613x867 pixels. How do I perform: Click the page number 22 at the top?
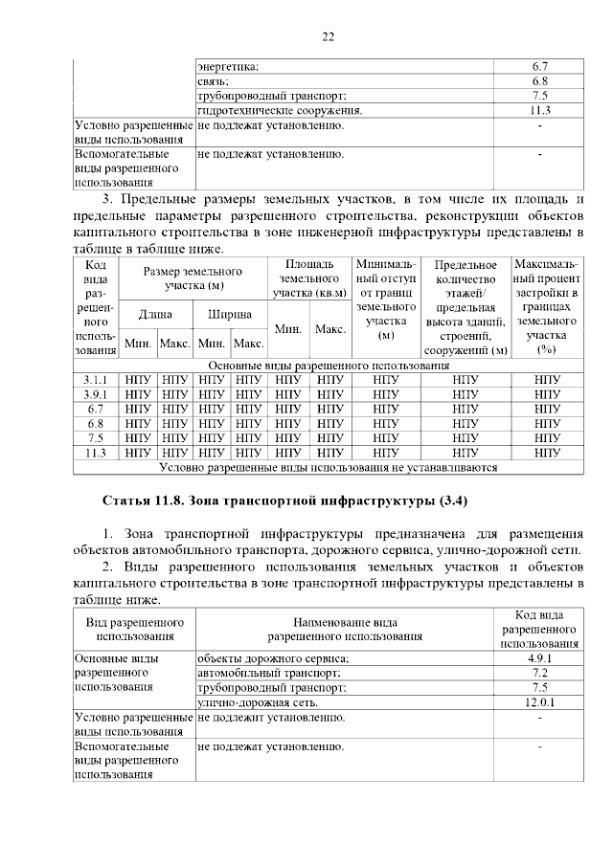coord(327,37)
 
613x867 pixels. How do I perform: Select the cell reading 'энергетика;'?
coord(234,66)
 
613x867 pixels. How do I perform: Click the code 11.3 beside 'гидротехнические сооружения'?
coord(539,111)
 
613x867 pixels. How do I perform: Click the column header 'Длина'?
coord(155,314)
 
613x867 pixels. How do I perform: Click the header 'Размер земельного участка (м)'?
coord(193,278)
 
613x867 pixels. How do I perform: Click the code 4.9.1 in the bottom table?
coord(539,658)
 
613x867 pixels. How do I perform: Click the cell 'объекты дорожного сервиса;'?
coord(273,658)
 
